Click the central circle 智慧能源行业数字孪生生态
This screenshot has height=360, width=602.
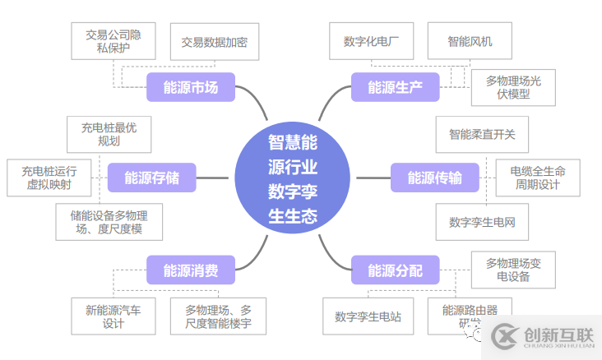coord(292,179)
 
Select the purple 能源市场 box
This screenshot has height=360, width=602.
coord(190,87)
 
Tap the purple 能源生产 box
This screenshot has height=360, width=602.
coord(395,87)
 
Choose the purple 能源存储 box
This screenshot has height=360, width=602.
coord(151,178)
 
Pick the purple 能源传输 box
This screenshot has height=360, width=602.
coord(434,178)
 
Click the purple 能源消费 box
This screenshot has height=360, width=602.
coord(190,270)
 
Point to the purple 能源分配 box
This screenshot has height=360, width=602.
coord(395,270)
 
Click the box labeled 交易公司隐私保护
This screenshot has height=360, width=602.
coord(113,41)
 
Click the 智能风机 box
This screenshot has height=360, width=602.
coord(470,41)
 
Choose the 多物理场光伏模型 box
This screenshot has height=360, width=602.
coord(513,87)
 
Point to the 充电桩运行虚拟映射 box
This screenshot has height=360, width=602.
coord(49,178)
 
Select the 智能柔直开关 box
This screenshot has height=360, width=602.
coord(481,134)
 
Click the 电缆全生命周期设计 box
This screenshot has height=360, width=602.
coord(539,178)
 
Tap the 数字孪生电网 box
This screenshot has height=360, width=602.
coord(481,222)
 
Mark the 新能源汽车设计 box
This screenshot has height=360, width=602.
coord(113,316)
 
